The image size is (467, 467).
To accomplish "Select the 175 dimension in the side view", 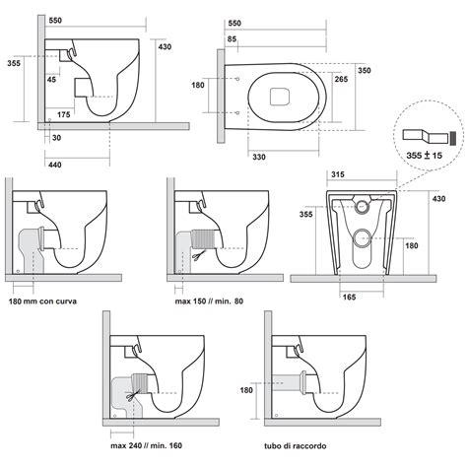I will [x=63, y=115].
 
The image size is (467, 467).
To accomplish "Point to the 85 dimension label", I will [x=231, y=38].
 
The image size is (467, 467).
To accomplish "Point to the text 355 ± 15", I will [x=423, y=155].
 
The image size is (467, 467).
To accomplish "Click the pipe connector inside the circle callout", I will [x=425, y=132].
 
